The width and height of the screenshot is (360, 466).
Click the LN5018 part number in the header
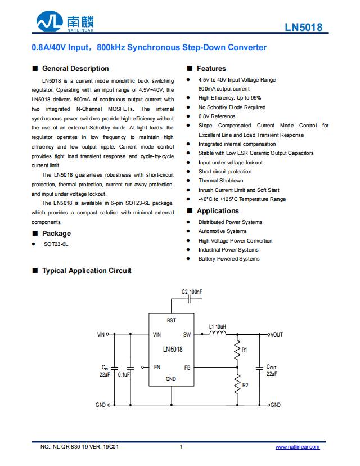[x=304, y=26]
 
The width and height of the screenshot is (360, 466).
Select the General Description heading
[x=75, y=69]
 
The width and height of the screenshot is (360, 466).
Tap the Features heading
[x=211, y=69]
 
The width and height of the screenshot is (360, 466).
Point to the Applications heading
[x=218, y=211]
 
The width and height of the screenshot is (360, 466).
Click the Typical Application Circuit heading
[x=87, y=271]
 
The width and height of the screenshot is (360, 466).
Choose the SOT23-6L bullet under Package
[x=56, y=244]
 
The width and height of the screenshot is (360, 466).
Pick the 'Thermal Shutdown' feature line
[x=220, y=181]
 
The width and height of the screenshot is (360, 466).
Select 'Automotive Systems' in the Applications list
[x=222, y=231]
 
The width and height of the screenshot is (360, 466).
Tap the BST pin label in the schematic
[x=171, y=320]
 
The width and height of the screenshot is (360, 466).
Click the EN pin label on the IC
[x=157, y=367]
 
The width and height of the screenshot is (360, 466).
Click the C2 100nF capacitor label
[x=192, y=292]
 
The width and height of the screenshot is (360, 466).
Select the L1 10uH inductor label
[x=218, y=326]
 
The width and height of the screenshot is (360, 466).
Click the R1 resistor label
[x=244, y=350]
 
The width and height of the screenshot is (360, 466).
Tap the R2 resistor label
[x=245, y=386]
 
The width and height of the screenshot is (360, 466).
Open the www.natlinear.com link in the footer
[x=297, y=447]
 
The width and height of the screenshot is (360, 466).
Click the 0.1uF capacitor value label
[x=124, y=374]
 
